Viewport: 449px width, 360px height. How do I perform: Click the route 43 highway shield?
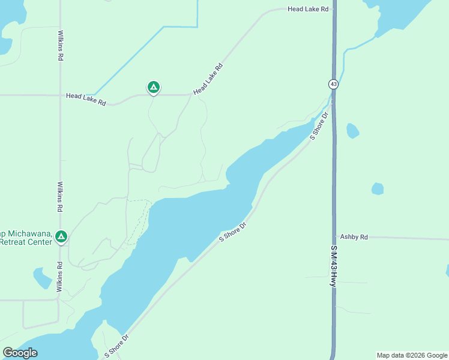click(333, 84)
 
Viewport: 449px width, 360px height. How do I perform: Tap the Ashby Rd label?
click(354, 237)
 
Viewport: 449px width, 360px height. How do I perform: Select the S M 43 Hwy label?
click(333, 265)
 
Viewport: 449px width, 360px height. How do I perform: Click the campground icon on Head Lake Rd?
click(154, 88)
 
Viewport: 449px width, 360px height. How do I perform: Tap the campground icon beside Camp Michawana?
click(61, 236)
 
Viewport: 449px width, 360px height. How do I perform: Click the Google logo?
click(20, 353)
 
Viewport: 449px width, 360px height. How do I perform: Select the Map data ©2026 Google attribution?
click(412, 355)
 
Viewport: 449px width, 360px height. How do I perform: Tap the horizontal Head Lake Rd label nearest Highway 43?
click(308, 9)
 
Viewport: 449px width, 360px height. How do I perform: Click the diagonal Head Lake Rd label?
click(208, 79)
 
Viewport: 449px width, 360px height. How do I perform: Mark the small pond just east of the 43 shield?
click(353, 131)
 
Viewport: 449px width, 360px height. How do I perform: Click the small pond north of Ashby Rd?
click(377, 188)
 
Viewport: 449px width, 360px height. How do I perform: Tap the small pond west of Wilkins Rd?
click(42, 278)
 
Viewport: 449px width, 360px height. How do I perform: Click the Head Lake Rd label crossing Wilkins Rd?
click(86, 99)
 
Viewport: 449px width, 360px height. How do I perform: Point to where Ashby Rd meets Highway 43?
click(334, 237)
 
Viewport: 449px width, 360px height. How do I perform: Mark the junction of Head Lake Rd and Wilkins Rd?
click(60, 95)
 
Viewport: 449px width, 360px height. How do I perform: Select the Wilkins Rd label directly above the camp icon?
click(60, 197)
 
